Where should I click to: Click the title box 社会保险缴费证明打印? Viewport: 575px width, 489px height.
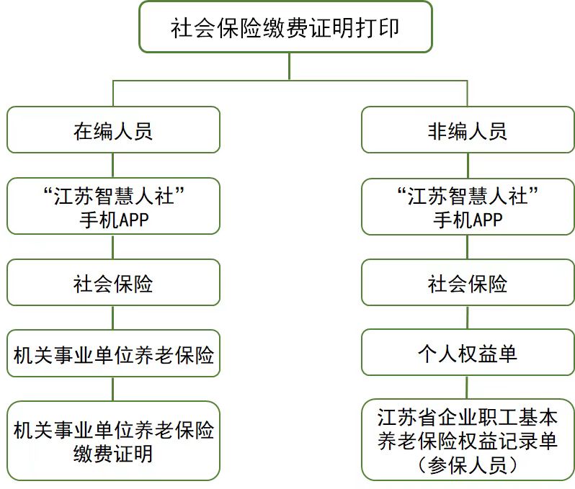(x=285, y=27)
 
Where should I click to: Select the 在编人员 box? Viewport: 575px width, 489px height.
(x=113, y=130)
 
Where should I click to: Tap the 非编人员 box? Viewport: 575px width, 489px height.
(x=468, y=130)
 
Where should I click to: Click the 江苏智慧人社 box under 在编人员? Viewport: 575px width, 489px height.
(x=113, y=206)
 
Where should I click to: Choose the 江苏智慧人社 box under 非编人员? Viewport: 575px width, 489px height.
(x=468, y=206)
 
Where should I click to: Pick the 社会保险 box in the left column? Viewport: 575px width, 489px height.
(x=113, y=283)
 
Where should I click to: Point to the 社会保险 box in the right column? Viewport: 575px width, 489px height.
(x=468, y=283)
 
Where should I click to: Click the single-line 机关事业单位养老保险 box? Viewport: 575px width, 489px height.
(x=113, y=354)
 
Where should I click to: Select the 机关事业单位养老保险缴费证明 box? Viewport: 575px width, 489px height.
(x=113, y=441)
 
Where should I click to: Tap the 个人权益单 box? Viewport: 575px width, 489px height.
(x=468, y=354)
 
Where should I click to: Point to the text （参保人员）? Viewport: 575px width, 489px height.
(x=468, y=465)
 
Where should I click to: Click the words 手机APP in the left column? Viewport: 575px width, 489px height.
(x=113, y=220)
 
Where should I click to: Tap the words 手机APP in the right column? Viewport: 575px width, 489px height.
(x=468, y=220)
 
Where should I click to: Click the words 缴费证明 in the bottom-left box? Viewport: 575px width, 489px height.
(x=113, y=454)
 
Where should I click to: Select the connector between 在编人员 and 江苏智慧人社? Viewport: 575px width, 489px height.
(x=113, y=166)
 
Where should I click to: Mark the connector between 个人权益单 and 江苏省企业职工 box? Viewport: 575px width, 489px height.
(x=468, y=387)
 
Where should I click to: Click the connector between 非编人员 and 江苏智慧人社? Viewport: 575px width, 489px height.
(x=468, y=166)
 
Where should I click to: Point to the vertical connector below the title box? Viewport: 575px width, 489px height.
(x=288, y=66)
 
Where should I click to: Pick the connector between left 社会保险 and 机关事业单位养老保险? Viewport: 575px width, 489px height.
(x=113, y=318)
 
